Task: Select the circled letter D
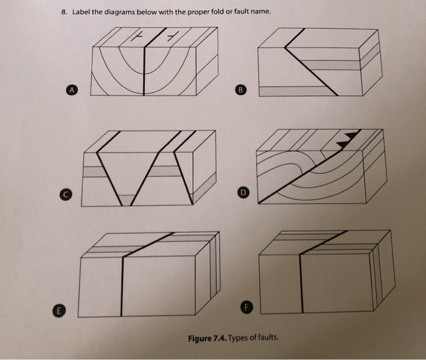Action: pyautogui.click(x=242, y=193)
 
